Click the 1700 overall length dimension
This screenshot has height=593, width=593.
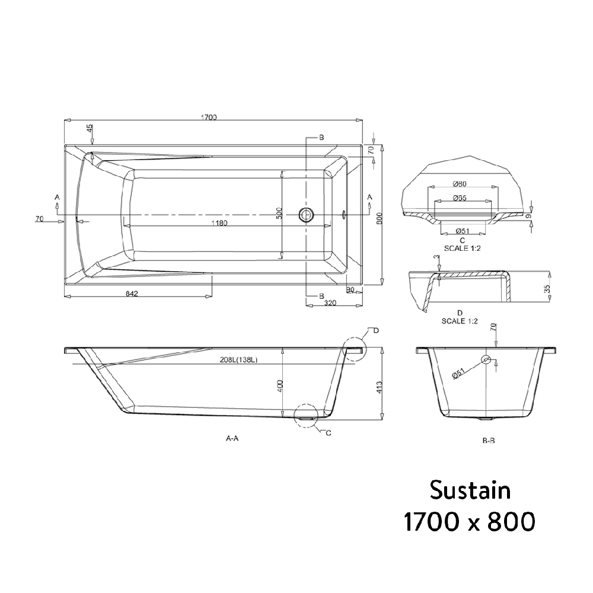pyautogui.click(x=209, y=117)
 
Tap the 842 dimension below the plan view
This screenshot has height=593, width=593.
pyautogui.click(x=132, y=295)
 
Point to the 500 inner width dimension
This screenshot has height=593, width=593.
pyautogui.click(x=279, y=213)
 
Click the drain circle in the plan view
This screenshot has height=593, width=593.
pyautogui.click(x=306, y=215)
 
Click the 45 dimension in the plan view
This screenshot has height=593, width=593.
pyautogui.click(x=90, y=129)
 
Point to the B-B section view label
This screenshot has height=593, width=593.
pyautogui.click(x=489, y=441)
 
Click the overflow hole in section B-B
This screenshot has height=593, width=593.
pyautogui.click(x=486, y=359)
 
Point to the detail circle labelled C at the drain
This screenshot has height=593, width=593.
pyautogui.click(x=305, y=415)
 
